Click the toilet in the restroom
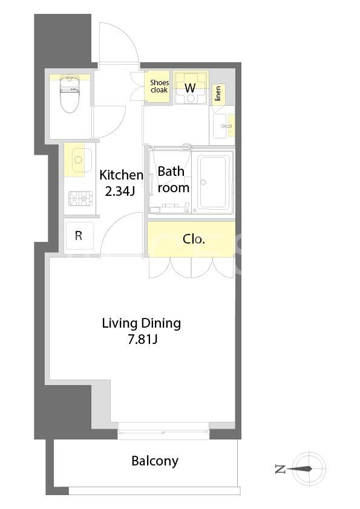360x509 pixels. (70, 94)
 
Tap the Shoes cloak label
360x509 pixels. (159, 86)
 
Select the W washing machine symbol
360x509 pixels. (191, 88)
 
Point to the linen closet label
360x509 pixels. (218, 93)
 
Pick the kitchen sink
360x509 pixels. (78, 160)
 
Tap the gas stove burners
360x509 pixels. (80, 199)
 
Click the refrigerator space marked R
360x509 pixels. (79, 236)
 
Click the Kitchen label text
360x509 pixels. (121, 175)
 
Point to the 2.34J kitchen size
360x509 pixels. (120, 192)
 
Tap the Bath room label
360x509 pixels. (173, 180)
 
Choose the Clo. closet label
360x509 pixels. (194, 239)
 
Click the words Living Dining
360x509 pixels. (142, 323)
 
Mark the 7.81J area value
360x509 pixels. (143, 340)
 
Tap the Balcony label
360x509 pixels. (155, 461)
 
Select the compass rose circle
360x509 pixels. (309, 468)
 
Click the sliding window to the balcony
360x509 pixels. (163, 431)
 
